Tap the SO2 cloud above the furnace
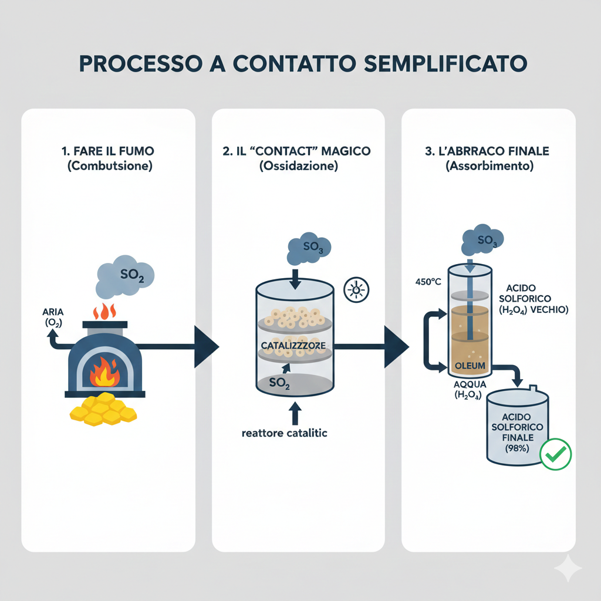click(125, 274)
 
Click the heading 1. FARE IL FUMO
click(109, 151)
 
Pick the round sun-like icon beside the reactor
click(354, 289)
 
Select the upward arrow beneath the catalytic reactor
click(295, 413)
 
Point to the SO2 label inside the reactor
click(279, 383)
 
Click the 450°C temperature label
click(427, 281)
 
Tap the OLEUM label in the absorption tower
click(470, 366)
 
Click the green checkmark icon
click(555, 454)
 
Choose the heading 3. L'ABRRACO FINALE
click(487, 151)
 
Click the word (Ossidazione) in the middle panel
click(299, 166)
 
